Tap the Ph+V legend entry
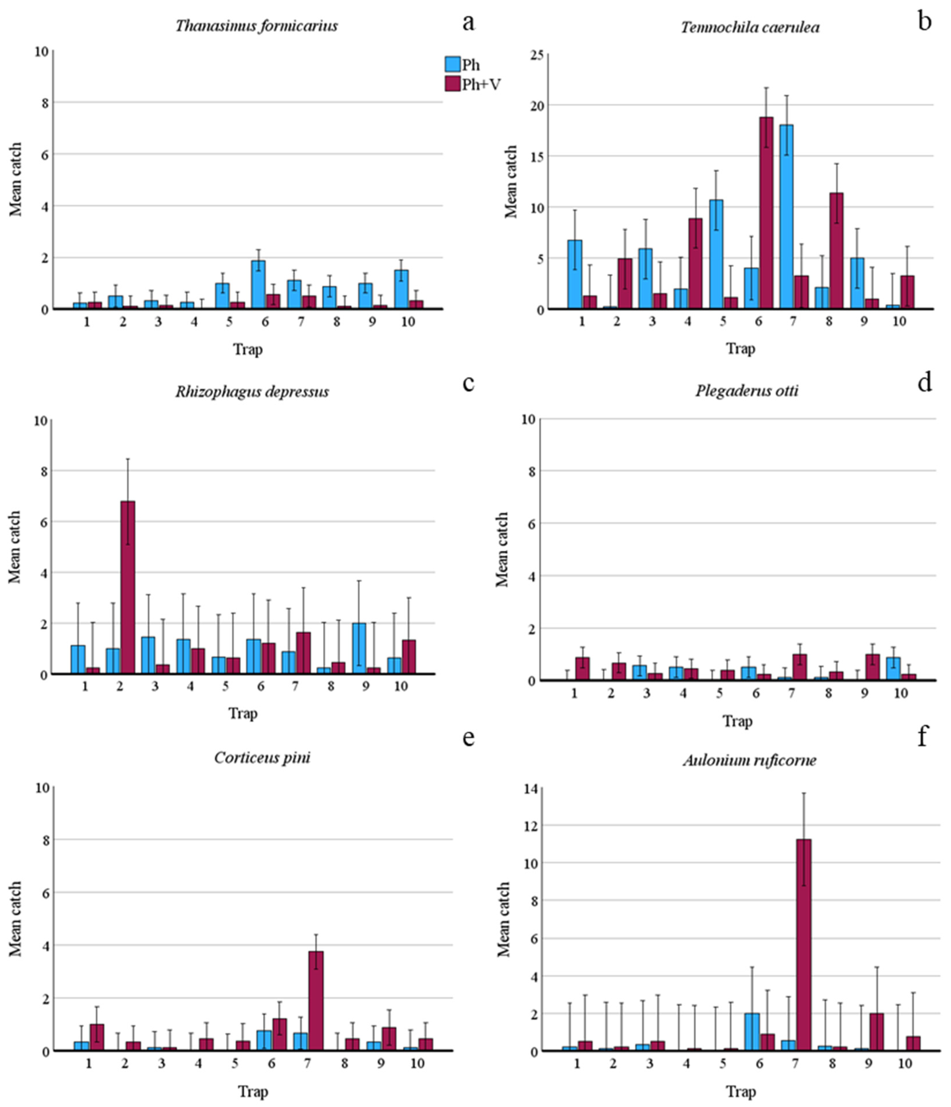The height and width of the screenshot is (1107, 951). coord(473,84)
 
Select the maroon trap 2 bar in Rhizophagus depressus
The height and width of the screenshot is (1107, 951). coord(128,587)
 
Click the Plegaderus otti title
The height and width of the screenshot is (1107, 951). coord(747,391)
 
